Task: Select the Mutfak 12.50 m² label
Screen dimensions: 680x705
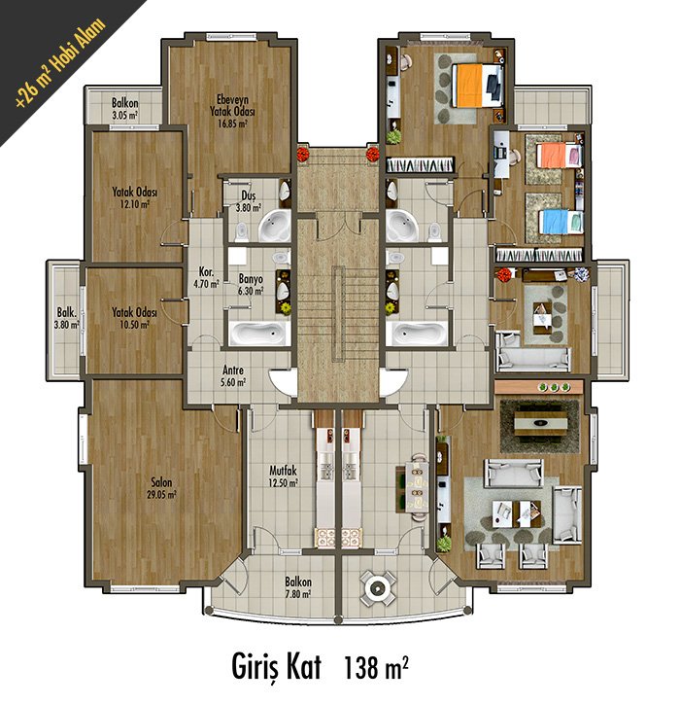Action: point(283,477)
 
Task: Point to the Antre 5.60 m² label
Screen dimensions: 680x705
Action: point(234,376)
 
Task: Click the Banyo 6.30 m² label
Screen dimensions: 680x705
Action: point(251,285)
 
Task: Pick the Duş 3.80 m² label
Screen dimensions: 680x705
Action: point(249,201)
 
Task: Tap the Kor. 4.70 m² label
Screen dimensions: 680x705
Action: point(206,278)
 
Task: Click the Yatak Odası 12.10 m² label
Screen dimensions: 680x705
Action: point(134,198)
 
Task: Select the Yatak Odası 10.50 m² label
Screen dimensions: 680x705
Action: point(134,318)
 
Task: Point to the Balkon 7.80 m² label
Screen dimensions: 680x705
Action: point(298,587)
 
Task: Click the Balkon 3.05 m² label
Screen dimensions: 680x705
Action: point(125,109)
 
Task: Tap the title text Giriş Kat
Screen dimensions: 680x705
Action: point(277,667)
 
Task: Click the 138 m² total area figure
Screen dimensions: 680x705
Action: point(376,667)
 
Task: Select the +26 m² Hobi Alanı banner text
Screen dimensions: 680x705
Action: point(60,62)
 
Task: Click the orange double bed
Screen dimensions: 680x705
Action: point(478,85)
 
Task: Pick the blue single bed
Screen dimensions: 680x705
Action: point(561,222)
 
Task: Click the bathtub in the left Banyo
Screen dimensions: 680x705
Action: point(257,334)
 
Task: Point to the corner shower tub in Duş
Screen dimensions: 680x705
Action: point(274,226)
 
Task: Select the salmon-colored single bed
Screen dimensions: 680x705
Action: point(561,156)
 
